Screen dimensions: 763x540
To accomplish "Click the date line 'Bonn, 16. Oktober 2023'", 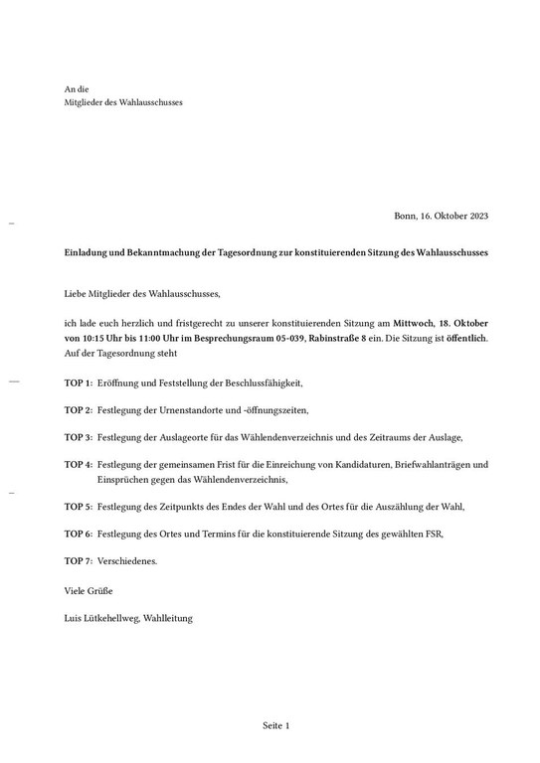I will (x=441, y=216).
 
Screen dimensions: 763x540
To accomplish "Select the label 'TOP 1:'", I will (x=79, y=382).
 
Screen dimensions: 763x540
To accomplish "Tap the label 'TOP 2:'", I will (x=79, y=410).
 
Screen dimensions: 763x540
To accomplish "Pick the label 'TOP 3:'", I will (x=79, y=437).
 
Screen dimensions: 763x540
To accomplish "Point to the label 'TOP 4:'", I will (x=79, y=465).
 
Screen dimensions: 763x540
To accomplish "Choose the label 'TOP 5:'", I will (x=79, y=506).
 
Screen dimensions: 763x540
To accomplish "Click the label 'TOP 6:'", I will (x=79, y=534).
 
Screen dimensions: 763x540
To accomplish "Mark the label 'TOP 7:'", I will (x=79, y=561).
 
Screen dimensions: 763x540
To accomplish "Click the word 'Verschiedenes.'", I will (x=128, y=561).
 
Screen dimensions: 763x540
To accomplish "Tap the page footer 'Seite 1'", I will (x=276, y=726).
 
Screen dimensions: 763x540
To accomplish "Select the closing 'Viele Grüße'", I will (x=88, y=590).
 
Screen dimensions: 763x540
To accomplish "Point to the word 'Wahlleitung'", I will (x=168, y=619).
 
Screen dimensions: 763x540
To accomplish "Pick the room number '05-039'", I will (x=286, y=339).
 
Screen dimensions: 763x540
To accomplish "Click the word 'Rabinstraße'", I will (x=338, y=339).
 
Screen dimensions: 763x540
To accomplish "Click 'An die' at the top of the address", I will (x=77, y=89).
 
